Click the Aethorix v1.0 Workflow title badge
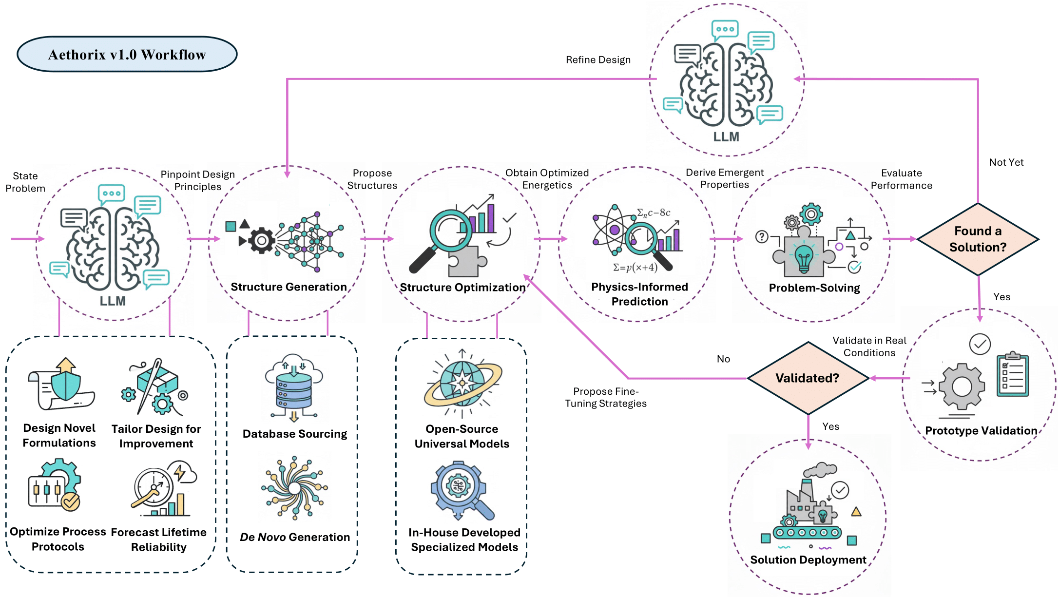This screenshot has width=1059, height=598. point(127,54)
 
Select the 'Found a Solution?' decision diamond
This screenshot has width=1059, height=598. point(978,239)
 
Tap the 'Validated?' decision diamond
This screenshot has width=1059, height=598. point(808,378)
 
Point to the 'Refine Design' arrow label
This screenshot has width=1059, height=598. point(598,60)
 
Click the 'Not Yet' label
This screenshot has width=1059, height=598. point(1006,162)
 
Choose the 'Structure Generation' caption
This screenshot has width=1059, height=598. point(289,287)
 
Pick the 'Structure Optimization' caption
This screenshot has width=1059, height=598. point(462,288)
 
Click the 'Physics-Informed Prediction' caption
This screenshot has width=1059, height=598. point(639,294)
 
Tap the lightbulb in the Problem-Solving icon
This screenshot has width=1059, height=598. point(804,258)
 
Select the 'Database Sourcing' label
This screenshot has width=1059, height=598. point(295,434)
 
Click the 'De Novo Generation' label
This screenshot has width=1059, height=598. point(295,537)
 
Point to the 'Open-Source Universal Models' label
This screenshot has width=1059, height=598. point(462,436)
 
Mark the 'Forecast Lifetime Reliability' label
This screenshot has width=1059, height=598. point(158,540)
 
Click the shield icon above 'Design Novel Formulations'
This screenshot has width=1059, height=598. point(66,385)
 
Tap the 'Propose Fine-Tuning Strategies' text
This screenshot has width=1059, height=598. point(606,397)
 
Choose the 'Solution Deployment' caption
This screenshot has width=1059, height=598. point(808,560)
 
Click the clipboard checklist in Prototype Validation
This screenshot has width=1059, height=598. point(1013,375)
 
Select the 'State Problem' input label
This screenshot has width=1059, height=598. point(25,182)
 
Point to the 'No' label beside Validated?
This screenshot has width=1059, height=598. point(723,359)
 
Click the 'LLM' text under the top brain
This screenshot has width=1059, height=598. point(726,137)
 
